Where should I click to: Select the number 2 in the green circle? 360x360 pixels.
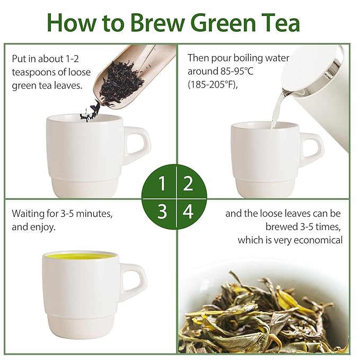[x=188, y=184]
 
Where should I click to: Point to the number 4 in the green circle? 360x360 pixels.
[x=188, y=212]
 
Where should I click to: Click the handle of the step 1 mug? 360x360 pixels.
[x=138, y=145]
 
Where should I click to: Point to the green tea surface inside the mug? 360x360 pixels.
[x=80, y=257]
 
